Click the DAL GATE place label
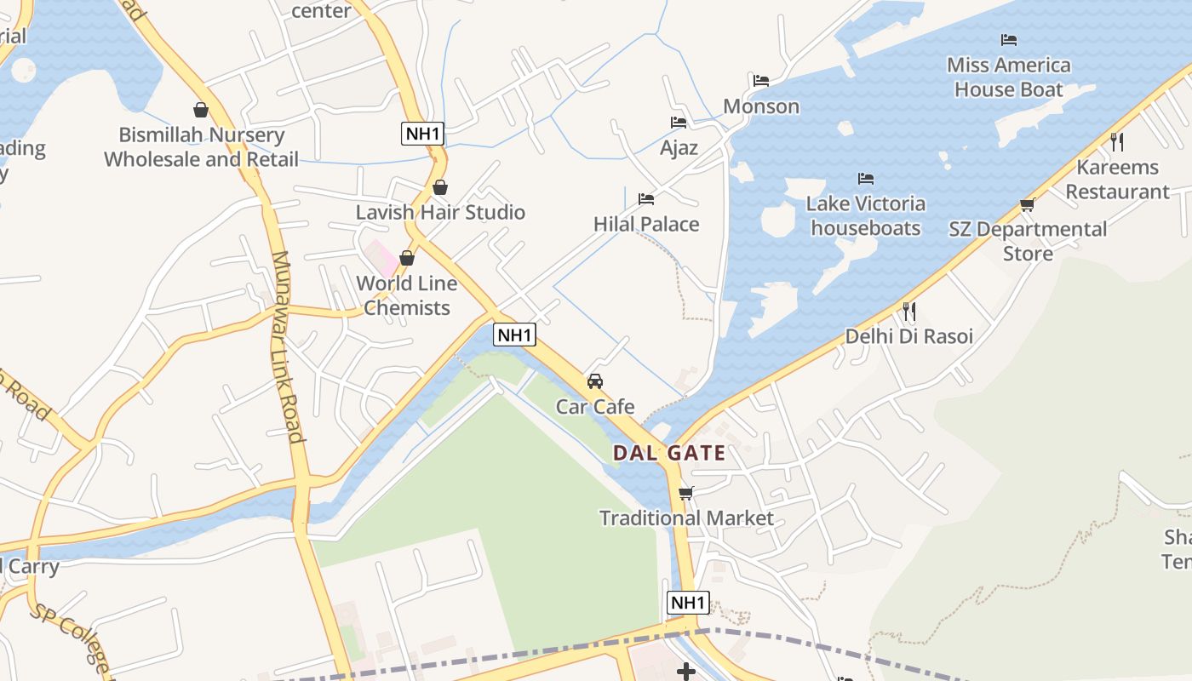point(669,453)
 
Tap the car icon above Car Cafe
point(595,381)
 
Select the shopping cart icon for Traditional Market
point(686,493)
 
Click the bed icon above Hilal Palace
point(646,199)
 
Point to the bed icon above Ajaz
point(679,123)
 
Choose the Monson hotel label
point(761,106)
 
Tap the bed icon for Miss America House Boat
point(1009,40)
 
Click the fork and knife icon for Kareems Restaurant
point(1117,141)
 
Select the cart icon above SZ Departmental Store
point(1028,204)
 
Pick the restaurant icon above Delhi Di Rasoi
point(909,311)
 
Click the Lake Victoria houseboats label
point(866,215)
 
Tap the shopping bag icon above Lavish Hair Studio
point(440,187)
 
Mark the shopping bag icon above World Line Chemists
point(407,258)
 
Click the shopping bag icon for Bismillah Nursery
point(201,110)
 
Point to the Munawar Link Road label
point(287,347)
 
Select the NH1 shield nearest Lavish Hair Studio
point(423,134)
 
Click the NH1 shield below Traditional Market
point(687,603)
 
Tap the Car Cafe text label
point(595,407)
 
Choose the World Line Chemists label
point(407,295)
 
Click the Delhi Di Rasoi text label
point(908,336)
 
